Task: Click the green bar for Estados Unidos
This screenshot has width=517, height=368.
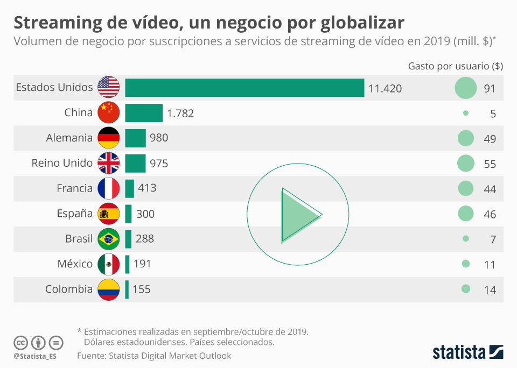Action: [x=244, y=88]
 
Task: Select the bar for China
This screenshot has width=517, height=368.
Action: [x=144, y=113]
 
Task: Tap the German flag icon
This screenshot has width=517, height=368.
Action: [x=109, y=138]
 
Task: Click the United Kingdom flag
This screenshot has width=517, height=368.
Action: [x=109, y=164]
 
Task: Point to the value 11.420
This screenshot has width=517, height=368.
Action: [x=385, y=88]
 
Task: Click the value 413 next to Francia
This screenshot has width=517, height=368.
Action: [x=147, y=188]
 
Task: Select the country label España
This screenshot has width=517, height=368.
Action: [x=75, y=214]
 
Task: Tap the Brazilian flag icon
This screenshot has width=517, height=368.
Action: [x=109, y=239]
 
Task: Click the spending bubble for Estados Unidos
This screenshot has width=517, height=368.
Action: [x=466, y=88]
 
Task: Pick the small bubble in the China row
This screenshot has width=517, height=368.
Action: [x=466, y=114]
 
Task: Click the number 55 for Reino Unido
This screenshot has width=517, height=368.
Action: [x=490, y=164]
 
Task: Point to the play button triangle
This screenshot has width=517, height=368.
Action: [x=298, y=215]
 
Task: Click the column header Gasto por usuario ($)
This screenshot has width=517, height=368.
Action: [x=456, y=66]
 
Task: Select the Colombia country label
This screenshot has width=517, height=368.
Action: [x=69, y=289]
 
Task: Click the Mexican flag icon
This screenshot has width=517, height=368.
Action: [x=109, y=264]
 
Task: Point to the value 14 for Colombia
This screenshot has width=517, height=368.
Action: [x=490, y=290]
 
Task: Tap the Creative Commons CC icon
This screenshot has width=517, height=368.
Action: [x=21, y=343]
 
